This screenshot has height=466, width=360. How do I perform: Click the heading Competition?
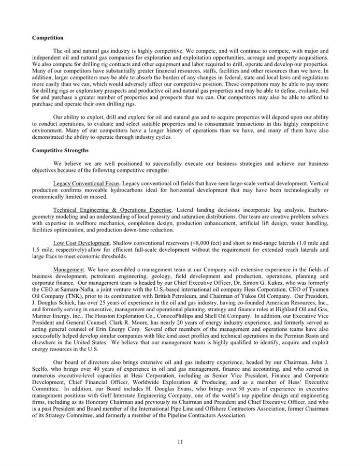pos(48,38)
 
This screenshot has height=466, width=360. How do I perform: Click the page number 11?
pos(180,441)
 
